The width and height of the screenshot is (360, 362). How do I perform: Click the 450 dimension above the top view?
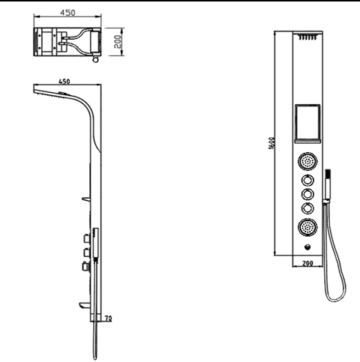pos(67,13)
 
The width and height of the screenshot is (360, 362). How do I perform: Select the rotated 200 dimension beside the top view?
pos(117,41)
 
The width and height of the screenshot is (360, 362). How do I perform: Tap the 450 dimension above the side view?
pos(64,82)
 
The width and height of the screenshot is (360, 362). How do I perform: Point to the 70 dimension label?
pos(109,319)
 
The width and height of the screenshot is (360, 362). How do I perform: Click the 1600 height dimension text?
pos(272,143)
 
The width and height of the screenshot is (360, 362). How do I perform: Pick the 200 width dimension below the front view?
pos(307,263)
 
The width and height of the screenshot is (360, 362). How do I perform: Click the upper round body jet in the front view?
pos(307,161)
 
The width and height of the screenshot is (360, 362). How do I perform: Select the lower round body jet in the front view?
pos(307,227)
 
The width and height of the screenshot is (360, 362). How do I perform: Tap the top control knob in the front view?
pos(307,180)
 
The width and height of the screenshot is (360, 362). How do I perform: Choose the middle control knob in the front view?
pos(307,194)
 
